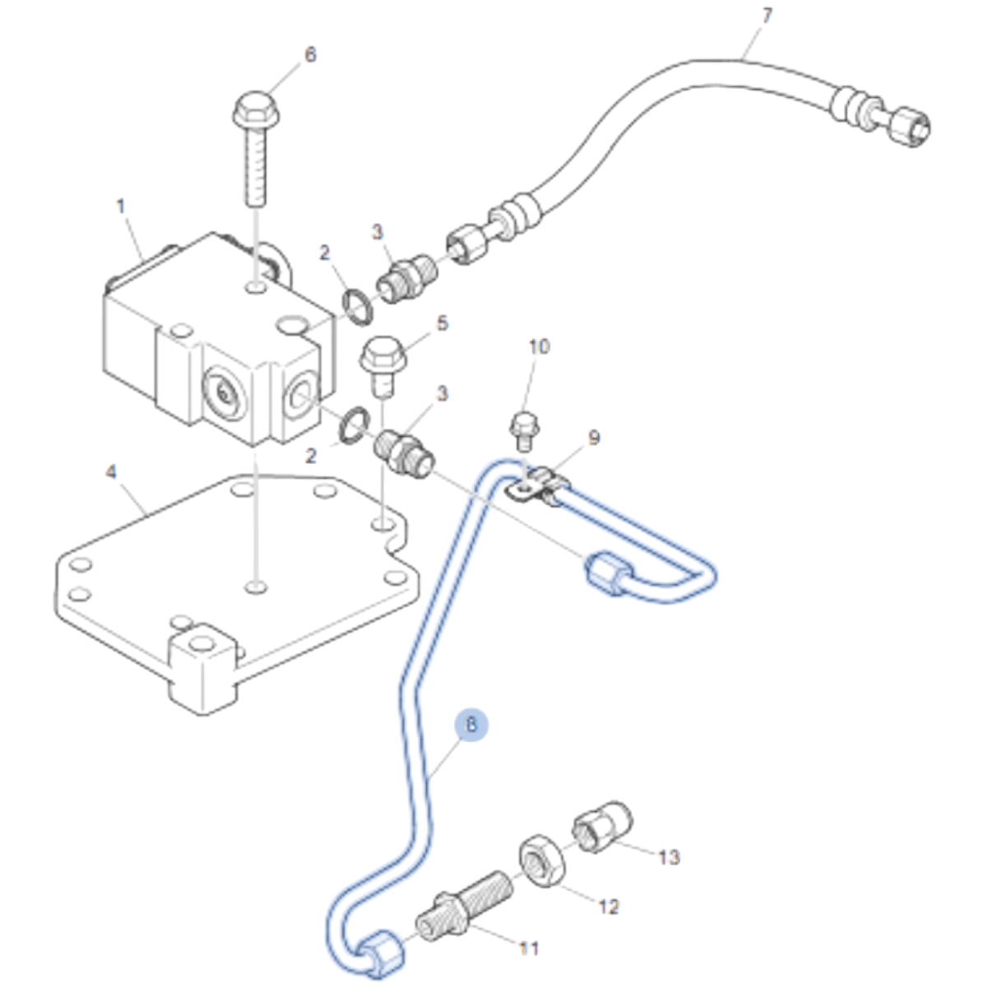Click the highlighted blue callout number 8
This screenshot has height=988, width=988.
click(471, 725)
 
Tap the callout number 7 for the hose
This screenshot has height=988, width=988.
click(767, 16)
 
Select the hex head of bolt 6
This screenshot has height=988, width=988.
click(256, 109)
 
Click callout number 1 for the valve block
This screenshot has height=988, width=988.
click(121, 206)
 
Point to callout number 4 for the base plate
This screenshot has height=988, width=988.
click(111, 471)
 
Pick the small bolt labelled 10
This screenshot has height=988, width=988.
click(524, 429)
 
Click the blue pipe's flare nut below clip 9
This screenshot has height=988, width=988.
click(608, 573)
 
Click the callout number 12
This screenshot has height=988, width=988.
click(609, 907)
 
